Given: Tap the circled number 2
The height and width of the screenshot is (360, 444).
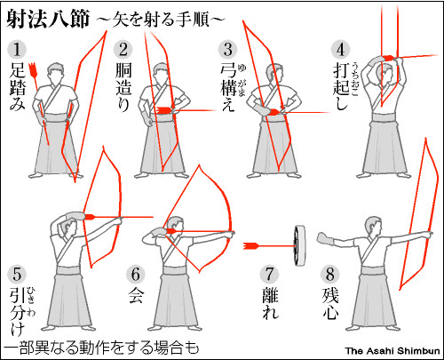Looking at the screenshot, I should pyautogui.click(x=124, y=46).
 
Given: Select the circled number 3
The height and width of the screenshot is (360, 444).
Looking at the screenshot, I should pyautogui.click(x=229, y=46).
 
